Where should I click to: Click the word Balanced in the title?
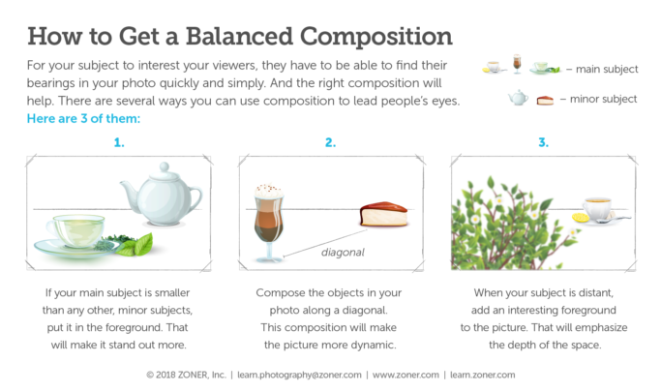(x=239, y=36)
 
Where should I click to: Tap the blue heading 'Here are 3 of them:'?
(x=83, y=118)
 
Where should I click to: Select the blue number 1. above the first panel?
(x=119, y=142)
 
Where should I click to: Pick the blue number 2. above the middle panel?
(x=331, y=142)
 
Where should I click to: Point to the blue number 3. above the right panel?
(x=543, y=142)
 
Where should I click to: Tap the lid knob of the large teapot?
(x=165, y=166)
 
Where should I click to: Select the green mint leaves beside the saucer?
(x=135, y=246)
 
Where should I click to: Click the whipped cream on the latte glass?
(x=268, y=191)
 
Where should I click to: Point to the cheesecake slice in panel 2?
(x=383, y=214)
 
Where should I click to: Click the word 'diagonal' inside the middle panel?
(x=343, y=253)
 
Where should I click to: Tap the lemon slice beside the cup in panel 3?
(x=580, y=218)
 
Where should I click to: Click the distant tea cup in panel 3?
(x=598, y=209)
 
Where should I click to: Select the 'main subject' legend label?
(x=607, y=69)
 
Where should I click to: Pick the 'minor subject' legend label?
(x=604, y=99)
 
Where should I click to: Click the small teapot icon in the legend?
(x=518, y=98)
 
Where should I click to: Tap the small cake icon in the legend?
(x=545, y=101)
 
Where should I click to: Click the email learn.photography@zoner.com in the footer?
(x=299, y=375)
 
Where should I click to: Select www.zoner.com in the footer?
(x=406, y=375)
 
